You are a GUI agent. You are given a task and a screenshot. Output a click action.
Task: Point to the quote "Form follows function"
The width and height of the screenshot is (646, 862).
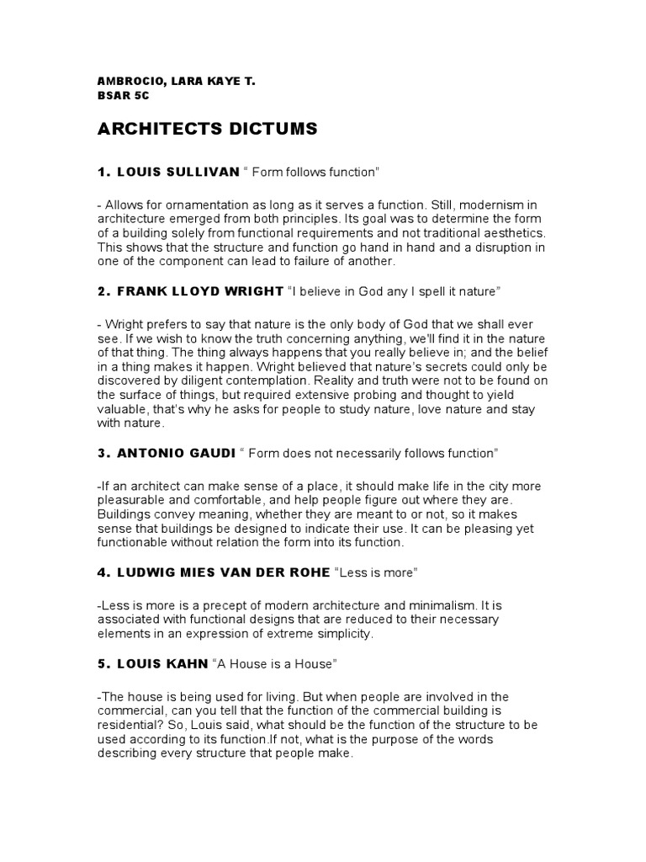[x=311, y=172]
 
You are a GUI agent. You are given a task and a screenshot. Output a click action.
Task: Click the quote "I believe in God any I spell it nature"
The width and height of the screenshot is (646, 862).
[x=394, y=290]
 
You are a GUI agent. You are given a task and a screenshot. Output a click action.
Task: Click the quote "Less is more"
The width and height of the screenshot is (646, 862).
[x=377, y=572]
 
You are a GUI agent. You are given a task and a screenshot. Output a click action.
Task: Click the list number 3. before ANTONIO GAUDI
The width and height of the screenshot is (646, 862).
[x=104, y=453]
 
